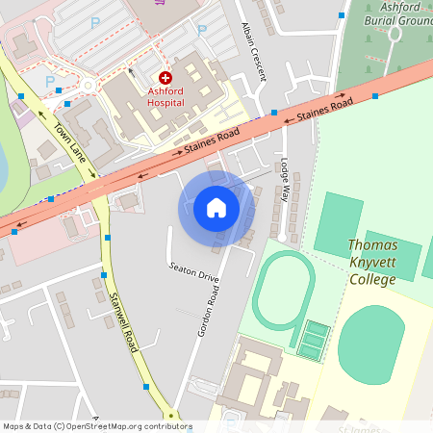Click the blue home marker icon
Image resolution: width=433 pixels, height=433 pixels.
pyautogui.click(x=216, y=208)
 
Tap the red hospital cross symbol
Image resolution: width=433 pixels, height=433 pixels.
pyautogui.click(x=166, y=76)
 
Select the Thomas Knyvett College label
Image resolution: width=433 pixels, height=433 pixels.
pyautogui.click(x=371, y=262)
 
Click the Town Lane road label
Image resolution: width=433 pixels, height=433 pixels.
pyautogui.click(x=70, y=143)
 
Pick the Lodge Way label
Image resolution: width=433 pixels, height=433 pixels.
pyautogui.click(x=285, y=177)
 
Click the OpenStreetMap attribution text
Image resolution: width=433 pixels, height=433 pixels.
pyautogui.click(x=96, y=426)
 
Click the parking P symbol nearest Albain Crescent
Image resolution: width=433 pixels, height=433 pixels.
pyautogui.click(x=201, y=31)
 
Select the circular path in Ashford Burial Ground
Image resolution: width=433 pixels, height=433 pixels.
pyautogui.click(x=395, y=34)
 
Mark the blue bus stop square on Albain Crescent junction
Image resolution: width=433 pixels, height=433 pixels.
pyautogui.click(x=274, y=113)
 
